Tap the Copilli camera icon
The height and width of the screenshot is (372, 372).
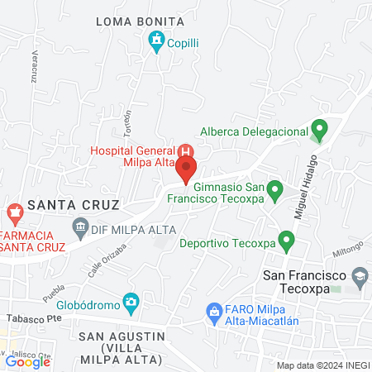[155, 41]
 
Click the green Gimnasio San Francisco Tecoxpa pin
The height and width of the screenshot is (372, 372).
[277, 188]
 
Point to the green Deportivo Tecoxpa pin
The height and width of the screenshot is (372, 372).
[287, 241]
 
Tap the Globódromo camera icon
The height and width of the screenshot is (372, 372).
[131, 303]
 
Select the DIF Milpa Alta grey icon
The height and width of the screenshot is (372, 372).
[81, 225]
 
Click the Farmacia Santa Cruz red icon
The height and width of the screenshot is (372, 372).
[14, 213]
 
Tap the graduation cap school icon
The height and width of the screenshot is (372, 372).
[360, 275]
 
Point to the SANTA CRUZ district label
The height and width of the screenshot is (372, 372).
[74, 203]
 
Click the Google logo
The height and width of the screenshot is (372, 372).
[27, 361]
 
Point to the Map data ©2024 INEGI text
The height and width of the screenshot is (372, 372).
[322, 365]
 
